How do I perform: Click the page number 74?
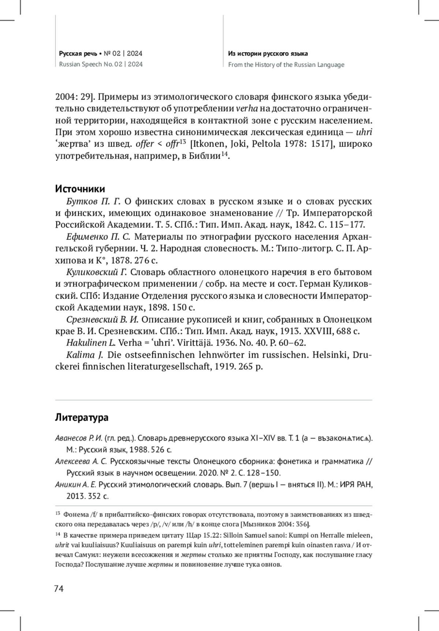pyautogui.click(x=59, y=589)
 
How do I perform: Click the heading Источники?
pyautogui.click(x=80, y=189)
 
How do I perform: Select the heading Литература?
pyautogui.click(x=82, y=417)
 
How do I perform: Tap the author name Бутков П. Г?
pyautogui.click(x=94, y=201)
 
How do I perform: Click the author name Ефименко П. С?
pyautogui.click(x=98, y=237)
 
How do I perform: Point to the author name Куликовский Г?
pyautogui.click(x=97, y=272)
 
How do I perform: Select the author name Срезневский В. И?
pyautogui.click(x=102, y=320)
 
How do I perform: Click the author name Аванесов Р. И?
pyautogui.click(x=78, y=438)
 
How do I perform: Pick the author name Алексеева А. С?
pyautogui.click(x=81, y=461)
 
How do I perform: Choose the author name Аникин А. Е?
pyautogui.click(x=75, y=485)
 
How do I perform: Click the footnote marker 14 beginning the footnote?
pyautogui.click(x=57, y=534)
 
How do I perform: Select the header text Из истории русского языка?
pyautogui.click(x=268, y=54)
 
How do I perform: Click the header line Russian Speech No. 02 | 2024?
pyautogui.click(x=101, y=65)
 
